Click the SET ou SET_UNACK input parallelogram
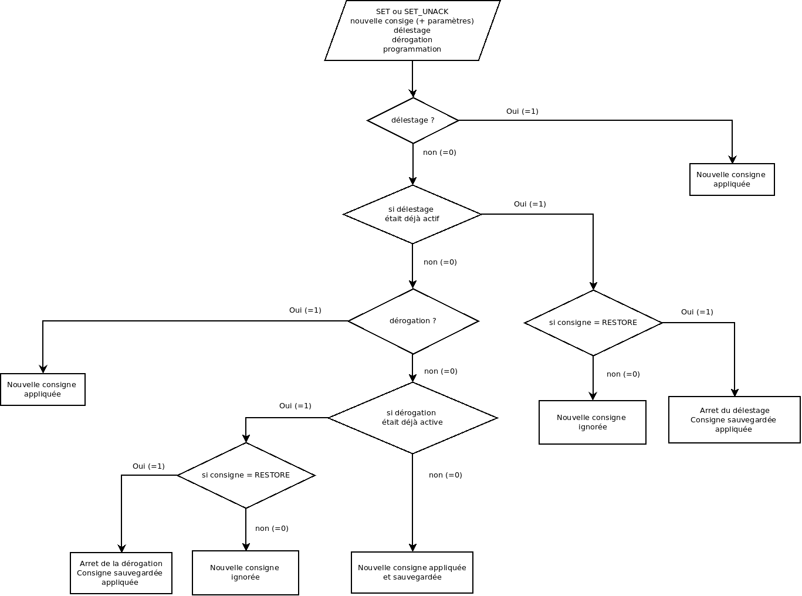click(x=412, y=31)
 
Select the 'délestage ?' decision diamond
click(x=413, y=120)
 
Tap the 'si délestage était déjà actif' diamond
click(x=413, y=214)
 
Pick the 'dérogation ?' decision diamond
click(x=413, y=321)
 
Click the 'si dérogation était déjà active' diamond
click(x=412, y=418)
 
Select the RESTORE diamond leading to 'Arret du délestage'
click(x=593, y=323)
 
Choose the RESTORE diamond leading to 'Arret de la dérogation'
click(x=246, y=475)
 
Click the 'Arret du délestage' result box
click(x=734, y=420)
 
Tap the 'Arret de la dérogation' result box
click(x=121, y=573)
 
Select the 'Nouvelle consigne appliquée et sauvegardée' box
click(x=412, y=573)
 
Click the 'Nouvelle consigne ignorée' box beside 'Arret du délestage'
click(x=592, y=422)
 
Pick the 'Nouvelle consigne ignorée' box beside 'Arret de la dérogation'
click(x=245, y=573)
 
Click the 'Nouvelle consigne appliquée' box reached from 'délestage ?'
click(x=732, y=180)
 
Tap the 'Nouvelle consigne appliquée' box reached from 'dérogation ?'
click(x=42, y=390)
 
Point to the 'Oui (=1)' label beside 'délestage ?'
click(x=522, y=111)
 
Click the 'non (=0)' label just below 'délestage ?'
click(x=439, y=153)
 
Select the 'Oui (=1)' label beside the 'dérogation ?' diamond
click(x=305, y=310)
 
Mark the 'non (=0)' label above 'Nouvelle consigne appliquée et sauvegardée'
click(x=445, y=475)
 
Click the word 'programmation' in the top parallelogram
click(x=412, y=49)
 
